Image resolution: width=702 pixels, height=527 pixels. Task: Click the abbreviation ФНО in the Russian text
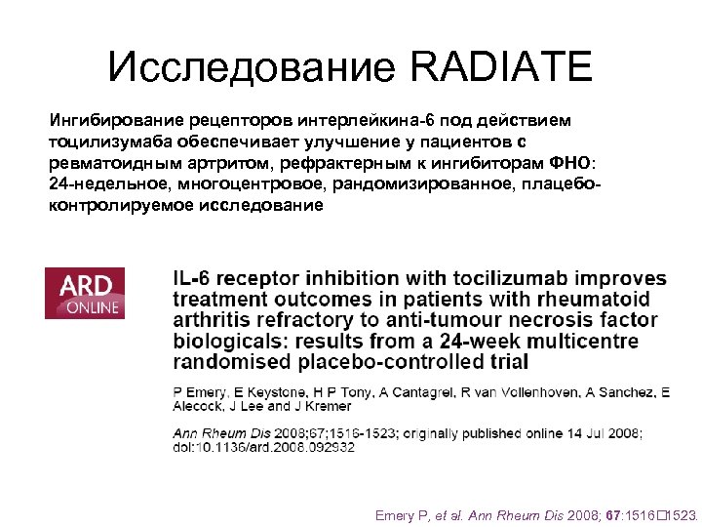coord(570,163)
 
